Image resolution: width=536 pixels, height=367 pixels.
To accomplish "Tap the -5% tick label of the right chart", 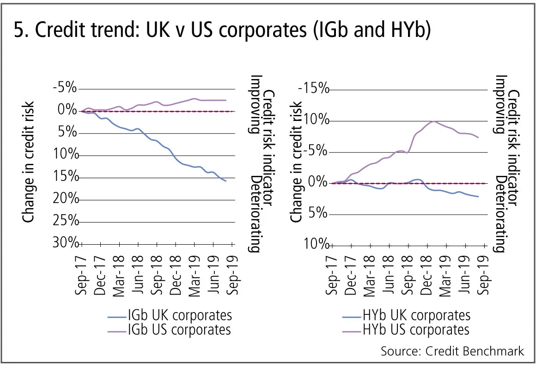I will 316,151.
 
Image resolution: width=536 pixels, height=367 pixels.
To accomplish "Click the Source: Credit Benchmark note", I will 452,351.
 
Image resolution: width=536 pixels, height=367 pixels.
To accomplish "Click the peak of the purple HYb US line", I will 433,121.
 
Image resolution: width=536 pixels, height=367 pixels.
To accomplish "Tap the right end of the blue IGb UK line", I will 225,181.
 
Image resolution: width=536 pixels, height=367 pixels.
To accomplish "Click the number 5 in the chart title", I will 19,32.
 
